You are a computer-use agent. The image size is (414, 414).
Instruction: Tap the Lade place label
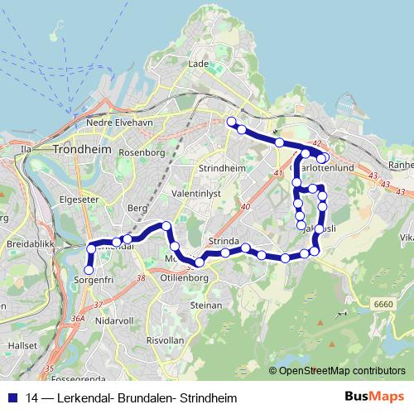(198, 63)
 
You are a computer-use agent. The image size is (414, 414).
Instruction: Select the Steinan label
(206, 305)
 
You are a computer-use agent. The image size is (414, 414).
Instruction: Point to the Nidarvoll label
(113, 320)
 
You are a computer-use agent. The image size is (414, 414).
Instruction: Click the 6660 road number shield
(383, 304)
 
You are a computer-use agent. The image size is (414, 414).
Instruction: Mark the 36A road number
(79, 317)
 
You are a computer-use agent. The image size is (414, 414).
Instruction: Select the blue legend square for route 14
(12, 397)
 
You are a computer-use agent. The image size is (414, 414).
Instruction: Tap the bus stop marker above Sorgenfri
(89, 268)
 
